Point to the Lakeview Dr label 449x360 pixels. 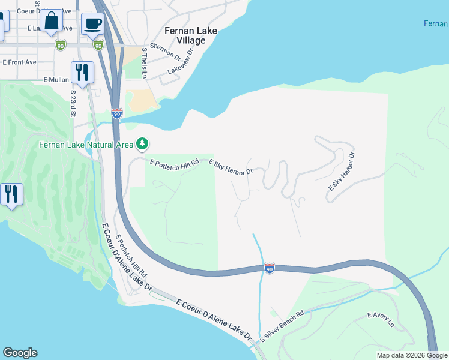[182, 62]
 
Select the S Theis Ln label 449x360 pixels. [144, 63]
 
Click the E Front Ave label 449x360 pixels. [19, 62]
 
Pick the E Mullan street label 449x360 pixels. [56, 79]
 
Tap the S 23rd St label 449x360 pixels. [73, 104]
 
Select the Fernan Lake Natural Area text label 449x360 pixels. [86, 144]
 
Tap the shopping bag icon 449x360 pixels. [52, 21]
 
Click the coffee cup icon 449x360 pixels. [92, 23]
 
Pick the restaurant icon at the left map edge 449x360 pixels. [11, 194]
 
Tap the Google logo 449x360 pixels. [20, 353]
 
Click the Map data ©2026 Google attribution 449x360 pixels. [412, 355]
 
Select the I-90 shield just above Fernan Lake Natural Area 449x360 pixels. [116, 113]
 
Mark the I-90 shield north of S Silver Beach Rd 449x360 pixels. [270, 269]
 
